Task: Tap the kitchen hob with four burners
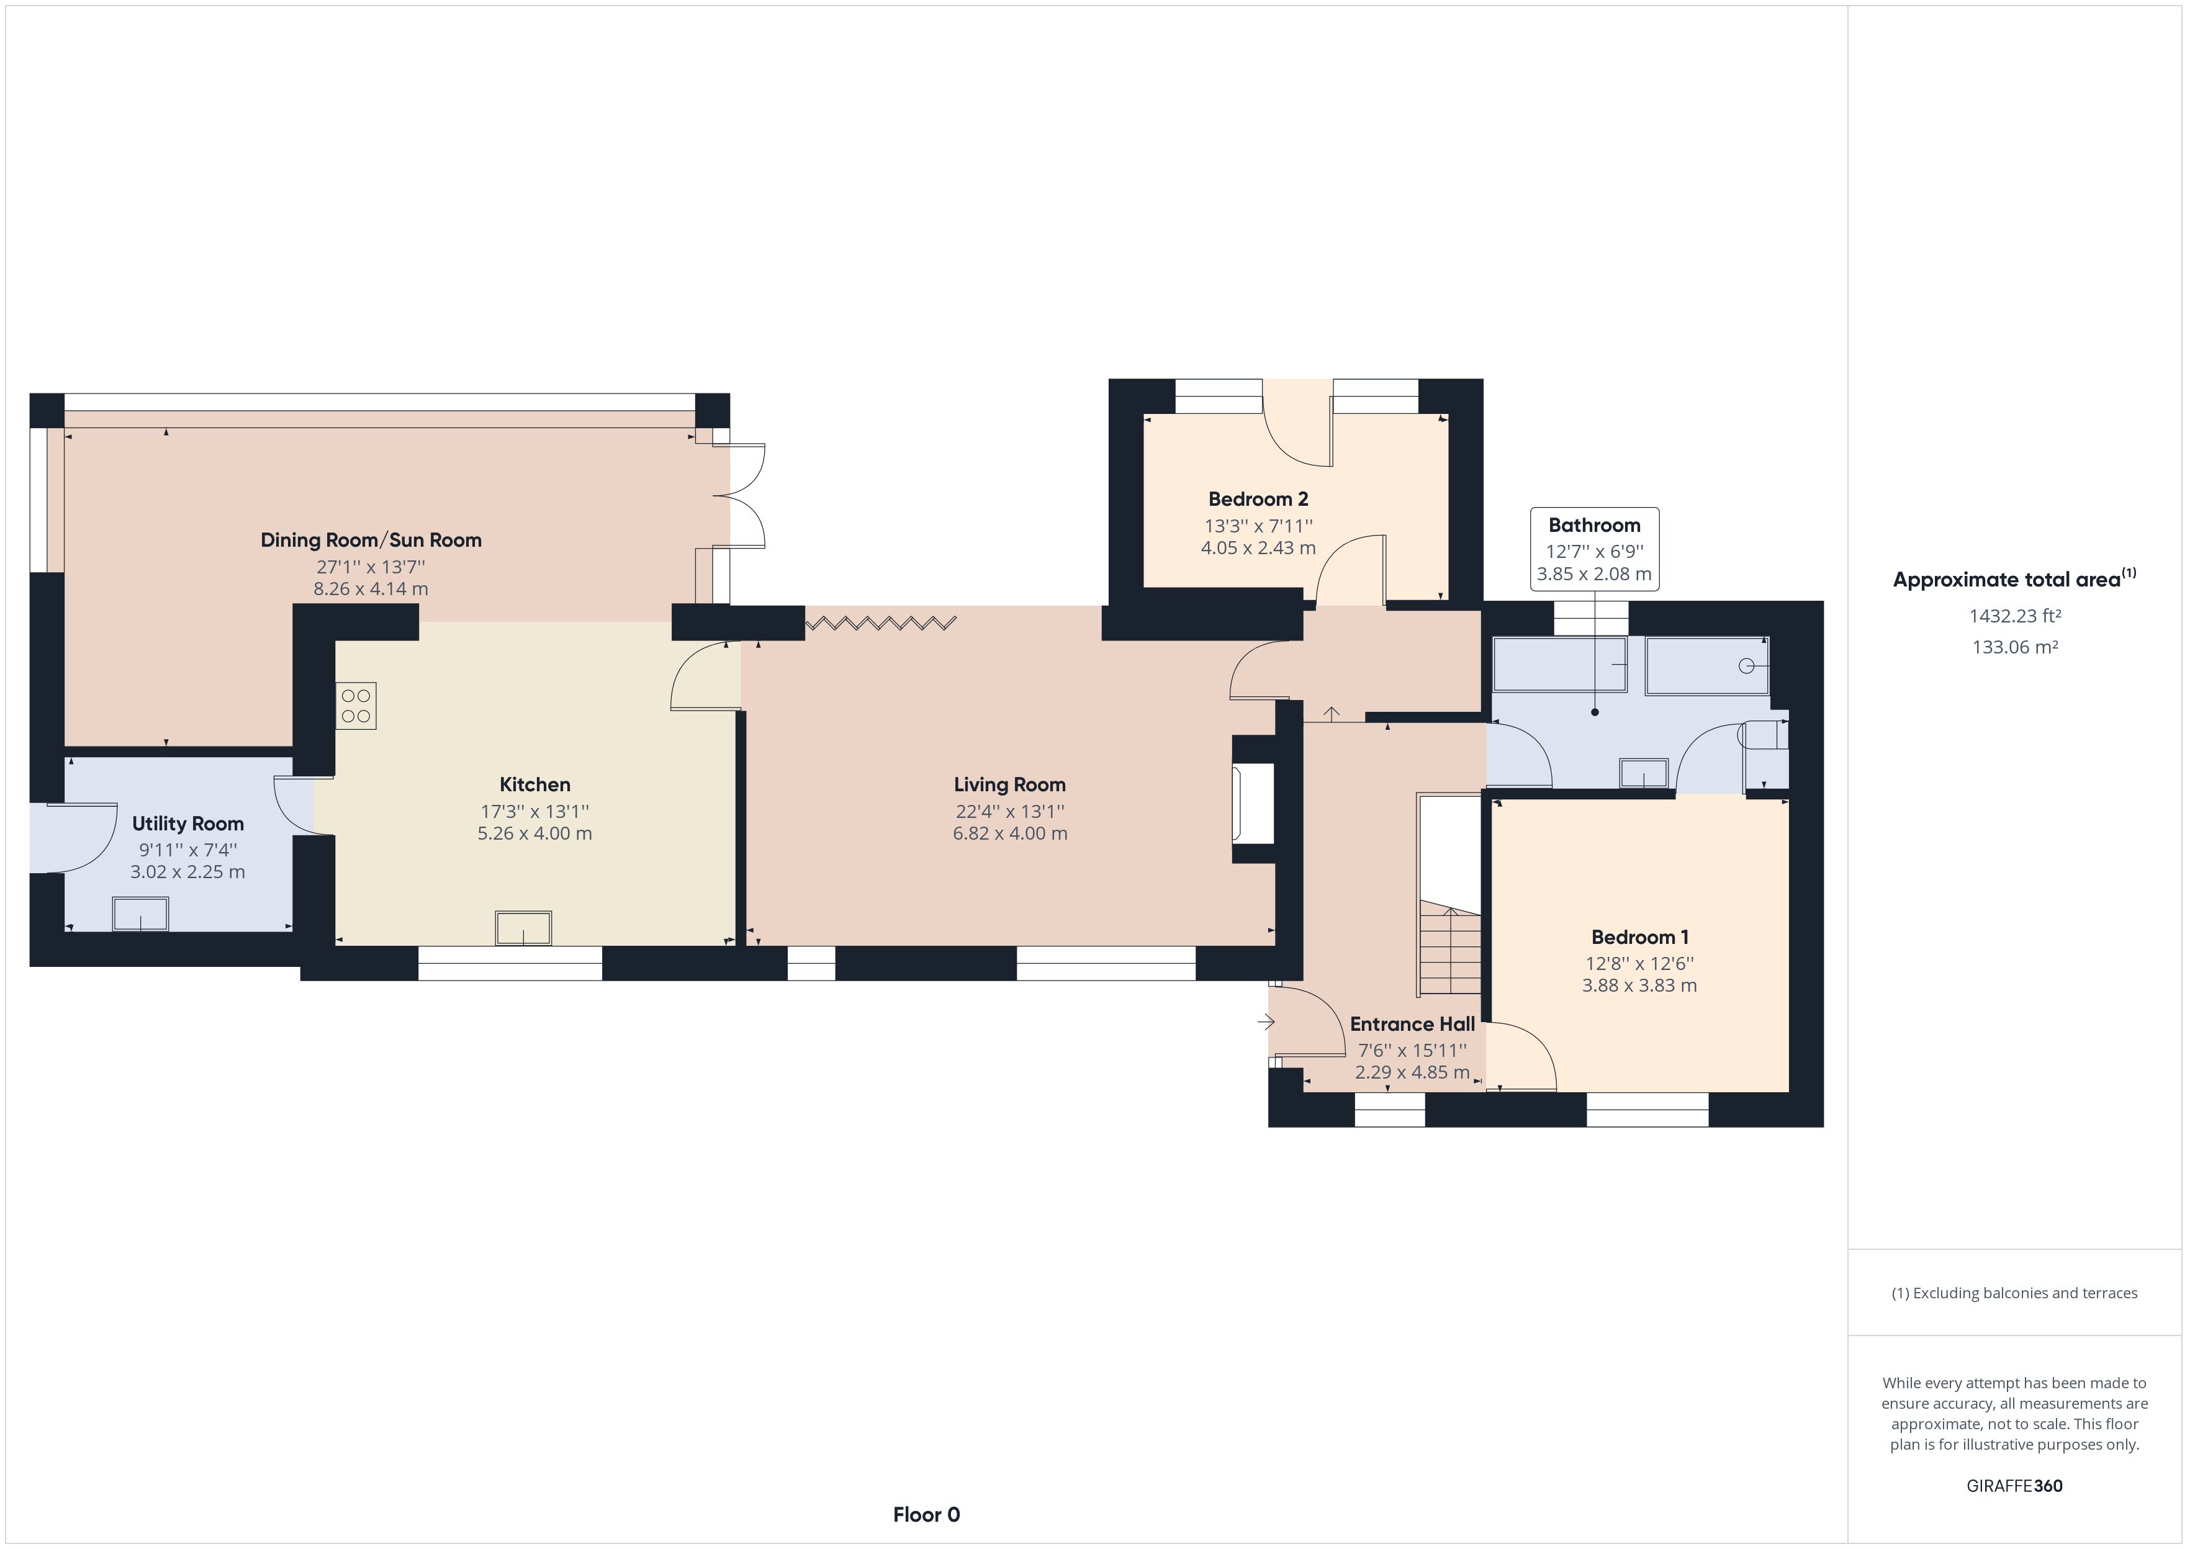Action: click(356, 706)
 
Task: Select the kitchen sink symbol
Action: click(523, 928)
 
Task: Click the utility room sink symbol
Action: click(141, 914)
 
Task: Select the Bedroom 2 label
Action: click(1258, 499)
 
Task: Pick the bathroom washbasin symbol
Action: click(1644, 773)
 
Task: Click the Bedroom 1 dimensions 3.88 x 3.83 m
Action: click(1639, 986)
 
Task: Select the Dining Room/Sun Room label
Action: click(371, 541)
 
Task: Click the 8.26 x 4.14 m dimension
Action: click(371, 588)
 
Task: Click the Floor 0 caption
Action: click(926, 1515)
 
